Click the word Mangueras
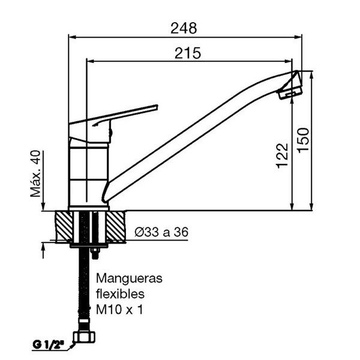[129, 279]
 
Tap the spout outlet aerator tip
[291, 86]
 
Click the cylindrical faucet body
[89, 174]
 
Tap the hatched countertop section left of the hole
[62, 226]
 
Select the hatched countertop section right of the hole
[116, 226]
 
